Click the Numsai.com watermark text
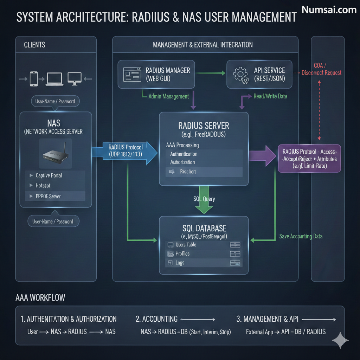click(329, 10)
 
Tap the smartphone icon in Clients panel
click(34, 79)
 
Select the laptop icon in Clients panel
click(54, 79)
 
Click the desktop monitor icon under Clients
click(75, 78)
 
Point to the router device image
click(55, 155)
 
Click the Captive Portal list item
click(49, 175)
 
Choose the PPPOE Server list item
click(48, 196)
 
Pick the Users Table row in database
click(186, 245)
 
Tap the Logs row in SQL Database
click(180, 263)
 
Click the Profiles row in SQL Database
click(182, 253)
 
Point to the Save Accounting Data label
click(301, 236)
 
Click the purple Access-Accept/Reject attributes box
click(309, 159)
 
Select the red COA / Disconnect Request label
click(321, 69)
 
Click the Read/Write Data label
click(270, 96)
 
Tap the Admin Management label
click(168, 96)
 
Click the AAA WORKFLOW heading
click(40, 297)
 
